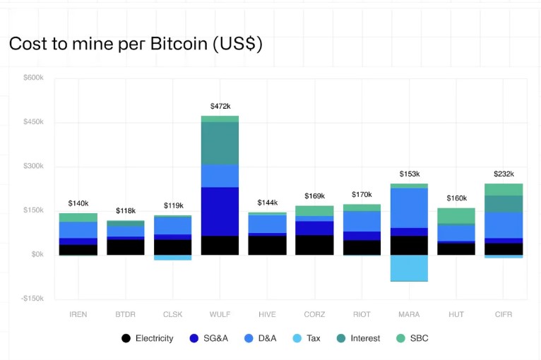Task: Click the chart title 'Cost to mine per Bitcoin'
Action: point(136,44)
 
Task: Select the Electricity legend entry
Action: point(148,338)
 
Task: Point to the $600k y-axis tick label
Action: point(34,78)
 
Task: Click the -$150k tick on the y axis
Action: point(32,299)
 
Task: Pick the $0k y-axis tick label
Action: point(37,254)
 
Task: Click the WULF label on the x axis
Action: point(220,314)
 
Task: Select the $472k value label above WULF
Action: point(220,106)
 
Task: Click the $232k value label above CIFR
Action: point(504,174)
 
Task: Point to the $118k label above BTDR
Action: point(125,210)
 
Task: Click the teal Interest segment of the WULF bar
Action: point(220,143)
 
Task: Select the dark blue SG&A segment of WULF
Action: point(220,211)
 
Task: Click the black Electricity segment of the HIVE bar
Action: point(267,245)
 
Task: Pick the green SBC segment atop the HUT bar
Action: point(456,215)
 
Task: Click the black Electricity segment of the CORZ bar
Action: point(314,245)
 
